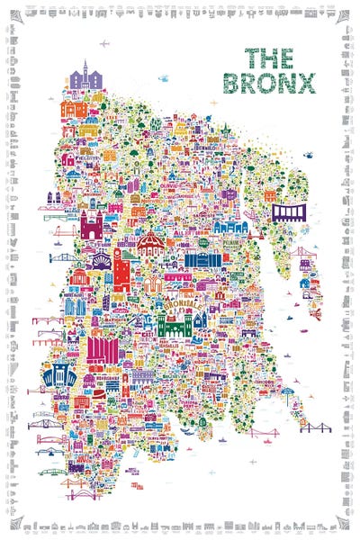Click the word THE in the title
tap(269, 58)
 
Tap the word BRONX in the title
tap(280, 83)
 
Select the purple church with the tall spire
tap(85, 77)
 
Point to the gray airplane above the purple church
tap(104, 43)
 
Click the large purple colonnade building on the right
tap(290, 214)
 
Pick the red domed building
tap(150, 240)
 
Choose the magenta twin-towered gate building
tap(93, 224)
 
